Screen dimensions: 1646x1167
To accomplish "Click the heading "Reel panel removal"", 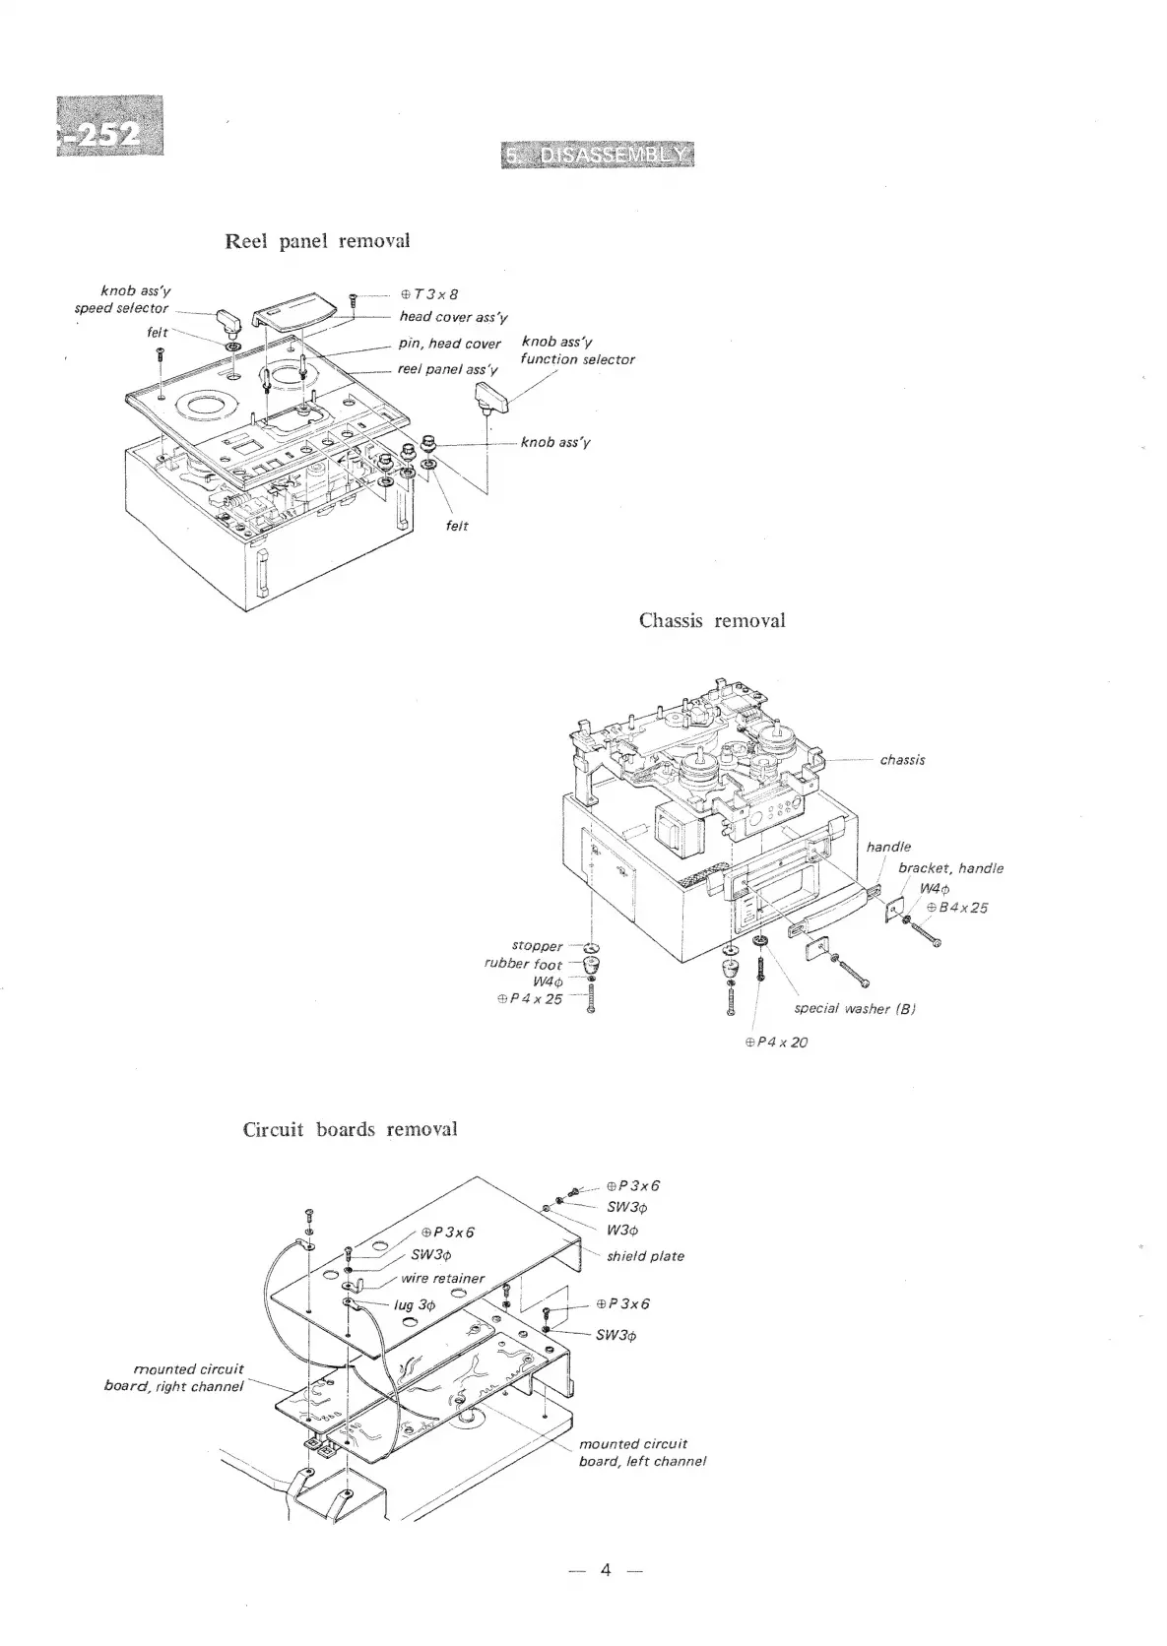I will click(317, 241).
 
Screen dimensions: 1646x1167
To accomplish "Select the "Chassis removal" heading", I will click(712, 620).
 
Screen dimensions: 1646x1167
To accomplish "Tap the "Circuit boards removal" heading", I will click(350, 1129).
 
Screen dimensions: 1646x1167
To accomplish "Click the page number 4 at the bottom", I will click(606, 1598).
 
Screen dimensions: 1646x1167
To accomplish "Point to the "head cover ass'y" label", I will click(453, 317).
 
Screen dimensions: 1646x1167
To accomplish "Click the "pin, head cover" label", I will click(450, 344).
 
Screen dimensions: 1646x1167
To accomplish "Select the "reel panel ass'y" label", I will click(448, 369).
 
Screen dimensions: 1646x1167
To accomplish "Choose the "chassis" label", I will click(902, 760).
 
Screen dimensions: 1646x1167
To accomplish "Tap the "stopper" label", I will click(537, 946).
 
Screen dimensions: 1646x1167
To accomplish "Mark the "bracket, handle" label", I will click(950, 868).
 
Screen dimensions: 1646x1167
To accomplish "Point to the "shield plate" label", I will click(645, 1256).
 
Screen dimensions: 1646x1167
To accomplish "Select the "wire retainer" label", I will click(443, 1278).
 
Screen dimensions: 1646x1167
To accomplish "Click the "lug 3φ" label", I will click(414, 1304).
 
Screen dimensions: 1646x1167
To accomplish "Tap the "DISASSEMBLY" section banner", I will click(598, 155).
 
